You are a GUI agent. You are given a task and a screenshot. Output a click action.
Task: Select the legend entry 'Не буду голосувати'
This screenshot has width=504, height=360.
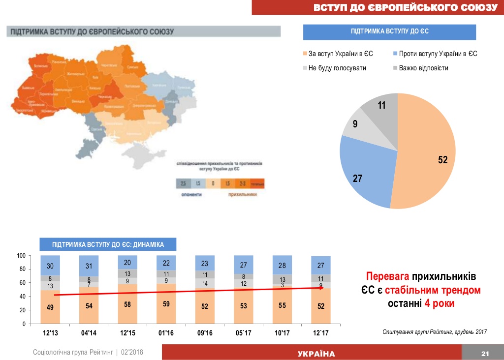(x=337, y=68)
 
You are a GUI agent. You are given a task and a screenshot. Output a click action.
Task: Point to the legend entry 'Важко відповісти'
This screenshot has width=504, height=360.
(x=423, y=68)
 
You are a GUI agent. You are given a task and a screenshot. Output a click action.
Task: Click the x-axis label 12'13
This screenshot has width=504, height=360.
(x=51, y=333)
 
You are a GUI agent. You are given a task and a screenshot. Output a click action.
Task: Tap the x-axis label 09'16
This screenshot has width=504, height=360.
(x=205, y=333)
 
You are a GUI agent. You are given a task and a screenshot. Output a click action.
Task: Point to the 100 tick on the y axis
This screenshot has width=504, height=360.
(x=21, y=256)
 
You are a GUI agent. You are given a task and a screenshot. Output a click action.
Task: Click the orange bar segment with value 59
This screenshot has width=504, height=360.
(x=166, y=304)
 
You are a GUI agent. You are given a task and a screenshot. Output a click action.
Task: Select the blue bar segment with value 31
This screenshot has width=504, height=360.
(x=89, y=266)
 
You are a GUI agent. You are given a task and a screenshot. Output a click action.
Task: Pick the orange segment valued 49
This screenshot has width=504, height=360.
(x=50, y=307)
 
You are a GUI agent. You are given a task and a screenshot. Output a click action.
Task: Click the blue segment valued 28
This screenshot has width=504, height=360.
(x=282, y=265)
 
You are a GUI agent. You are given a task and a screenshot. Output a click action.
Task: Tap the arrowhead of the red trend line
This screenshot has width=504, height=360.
(x=322, y=288)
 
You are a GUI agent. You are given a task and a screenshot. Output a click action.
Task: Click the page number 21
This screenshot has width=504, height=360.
(x=485, y=354)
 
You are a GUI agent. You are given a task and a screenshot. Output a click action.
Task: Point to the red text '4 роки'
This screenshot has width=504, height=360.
(x=439, y=303)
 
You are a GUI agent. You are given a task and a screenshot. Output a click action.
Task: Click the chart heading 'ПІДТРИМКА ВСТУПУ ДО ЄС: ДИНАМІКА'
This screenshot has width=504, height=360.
(x=108, y=244)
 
